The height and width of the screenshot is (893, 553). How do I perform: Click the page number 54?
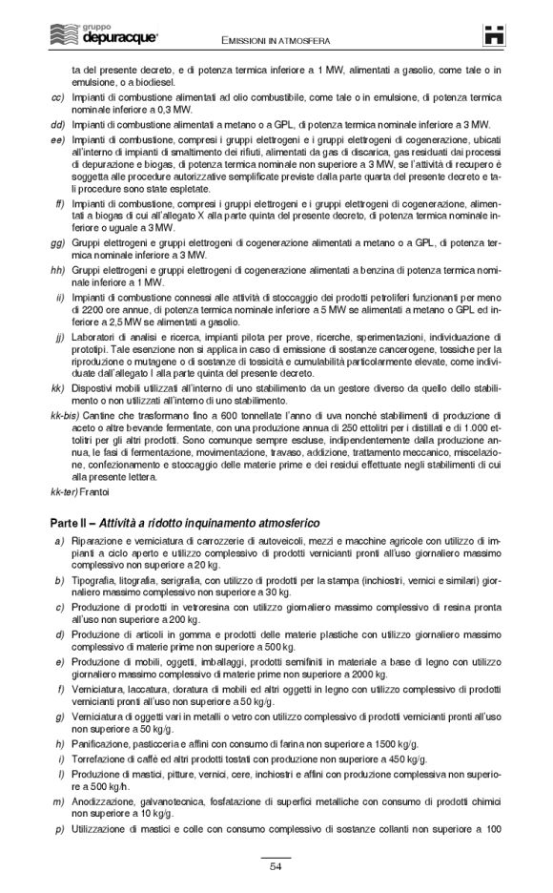[x=276, y=866]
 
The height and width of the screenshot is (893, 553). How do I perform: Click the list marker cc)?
[x=57, y=97]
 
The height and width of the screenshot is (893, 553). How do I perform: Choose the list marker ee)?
[x=57, y=139]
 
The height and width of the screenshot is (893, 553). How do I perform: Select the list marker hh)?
[x=57, y=271]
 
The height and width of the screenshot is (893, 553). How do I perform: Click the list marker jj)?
[x=59, y=338]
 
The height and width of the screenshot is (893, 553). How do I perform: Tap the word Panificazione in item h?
[x=101, y=742]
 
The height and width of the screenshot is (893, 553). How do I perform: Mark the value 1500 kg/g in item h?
[x=388, y=742]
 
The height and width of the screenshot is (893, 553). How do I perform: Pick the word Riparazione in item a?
[x=97, y=542]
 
